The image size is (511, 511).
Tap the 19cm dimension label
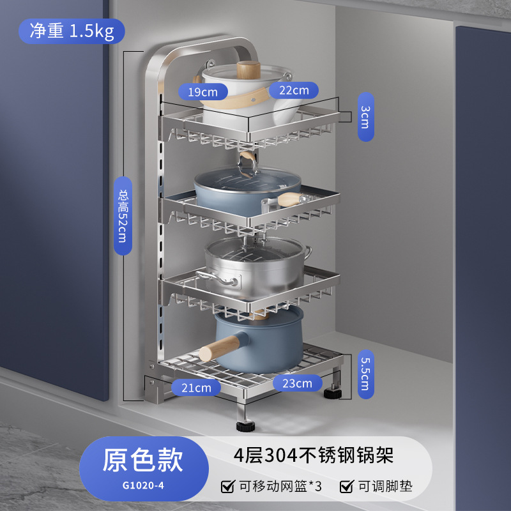(x=202, y=92)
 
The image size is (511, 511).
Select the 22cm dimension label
(x=293, y=90)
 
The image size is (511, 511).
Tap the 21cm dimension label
(x=196, y=387)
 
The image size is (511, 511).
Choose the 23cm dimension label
(x=297, y=383)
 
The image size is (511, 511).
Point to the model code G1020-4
(x=143, y=484)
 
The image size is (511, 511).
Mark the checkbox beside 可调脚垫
(x=346, y=487)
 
